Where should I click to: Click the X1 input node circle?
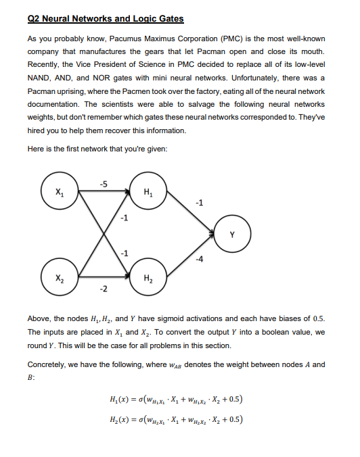coord(61,191)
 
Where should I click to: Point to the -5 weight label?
coord(103,184)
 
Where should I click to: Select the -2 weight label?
coord(103,289)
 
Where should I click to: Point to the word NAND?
coord(40,78)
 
